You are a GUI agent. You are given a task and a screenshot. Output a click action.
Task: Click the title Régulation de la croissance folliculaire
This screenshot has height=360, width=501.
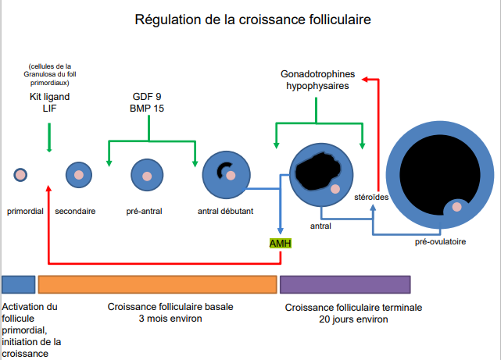(250, 19)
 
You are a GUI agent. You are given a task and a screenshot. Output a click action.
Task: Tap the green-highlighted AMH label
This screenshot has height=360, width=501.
(280, 244)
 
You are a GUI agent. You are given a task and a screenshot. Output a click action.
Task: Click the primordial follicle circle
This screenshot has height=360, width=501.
(20, 174)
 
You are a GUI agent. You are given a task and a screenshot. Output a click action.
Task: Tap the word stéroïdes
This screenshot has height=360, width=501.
(371, 197)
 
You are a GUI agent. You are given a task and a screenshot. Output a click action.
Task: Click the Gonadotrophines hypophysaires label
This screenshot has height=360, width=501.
(317, 80)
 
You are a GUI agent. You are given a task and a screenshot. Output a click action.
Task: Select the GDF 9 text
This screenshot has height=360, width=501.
(148, 96)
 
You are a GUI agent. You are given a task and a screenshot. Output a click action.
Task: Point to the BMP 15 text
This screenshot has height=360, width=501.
(148, 108)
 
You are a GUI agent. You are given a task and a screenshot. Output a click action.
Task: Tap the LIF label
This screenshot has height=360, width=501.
(48, 109)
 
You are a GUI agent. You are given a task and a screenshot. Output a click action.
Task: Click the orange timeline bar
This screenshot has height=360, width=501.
(158, 283)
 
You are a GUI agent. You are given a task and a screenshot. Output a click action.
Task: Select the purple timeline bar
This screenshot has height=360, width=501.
(345, 283)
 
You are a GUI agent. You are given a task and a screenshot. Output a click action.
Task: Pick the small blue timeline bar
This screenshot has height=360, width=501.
(19, 283)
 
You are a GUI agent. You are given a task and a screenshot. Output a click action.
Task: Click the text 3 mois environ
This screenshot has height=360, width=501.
(170, 319)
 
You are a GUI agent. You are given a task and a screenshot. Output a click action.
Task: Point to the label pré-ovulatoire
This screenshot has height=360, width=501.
(440, 242)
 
